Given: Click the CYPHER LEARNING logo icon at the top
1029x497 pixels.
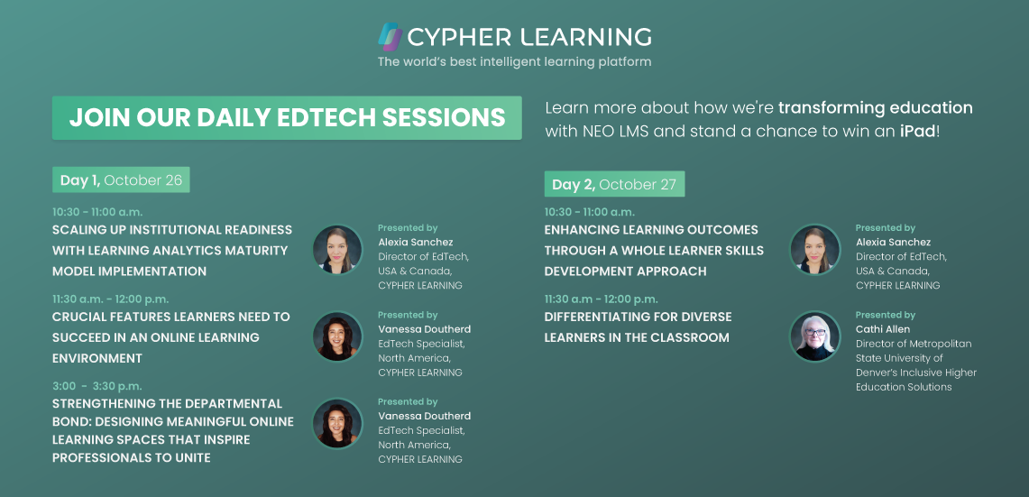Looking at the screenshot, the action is pos(390,37).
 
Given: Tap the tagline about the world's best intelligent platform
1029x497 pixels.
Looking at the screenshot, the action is pos(514,62).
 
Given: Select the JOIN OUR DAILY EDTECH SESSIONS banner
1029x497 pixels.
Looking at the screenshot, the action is pos(287,117).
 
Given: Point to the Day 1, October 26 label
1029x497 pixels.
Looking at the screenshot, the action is pos(122,180).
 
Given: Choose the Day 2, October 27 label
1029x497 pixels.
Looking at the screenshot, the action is pos(614,185).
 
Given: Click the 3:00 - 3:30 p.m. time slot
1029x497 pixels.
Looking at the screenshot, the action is pos(97,386).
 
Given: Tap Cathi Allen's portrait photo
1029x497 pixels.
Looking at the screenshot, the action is pos(815,336).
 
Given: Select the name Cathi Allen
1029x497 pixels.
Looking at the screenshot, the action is pos(883,329).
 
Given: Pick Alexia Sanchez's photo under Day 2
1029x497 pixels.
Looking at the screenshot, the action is pos(815,250).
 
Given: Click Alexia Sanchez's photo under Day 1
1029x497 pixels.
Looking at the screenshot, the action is pos(337,250).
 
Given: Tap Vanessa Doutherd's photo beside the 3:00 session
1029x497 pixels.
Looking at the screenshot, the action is pos(337,423).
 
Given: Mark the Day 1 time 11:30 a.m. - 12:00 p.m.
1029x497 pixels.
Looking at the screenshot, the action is pos(110,299).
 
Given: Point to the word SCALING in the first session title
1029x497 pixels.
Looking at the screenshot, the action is pos(78,230).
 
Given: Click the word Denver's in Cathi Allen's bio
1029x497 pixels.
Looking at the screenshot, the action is pos(878,373).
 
